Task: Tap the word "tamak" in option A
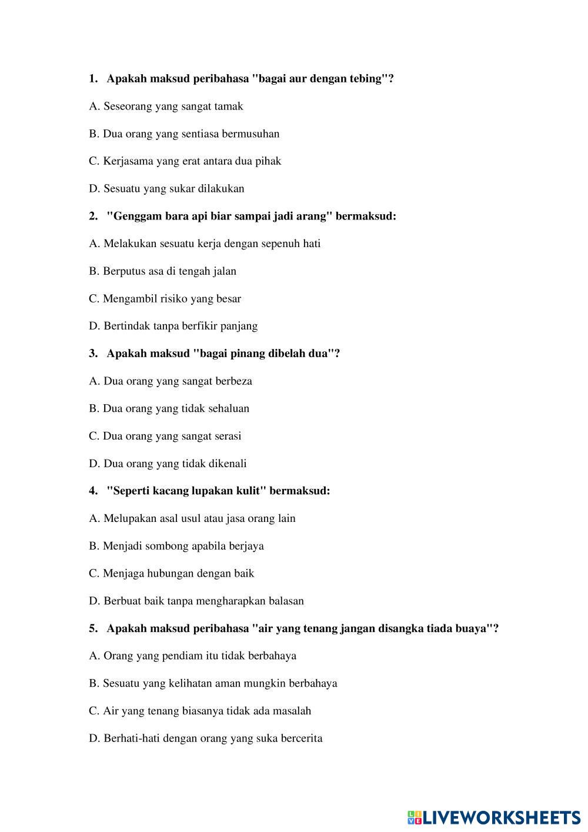click(x=229, y=107)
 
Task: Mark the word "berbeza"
click(x=233, y=381)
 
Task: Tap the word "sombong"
click(x=166, y=546)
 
